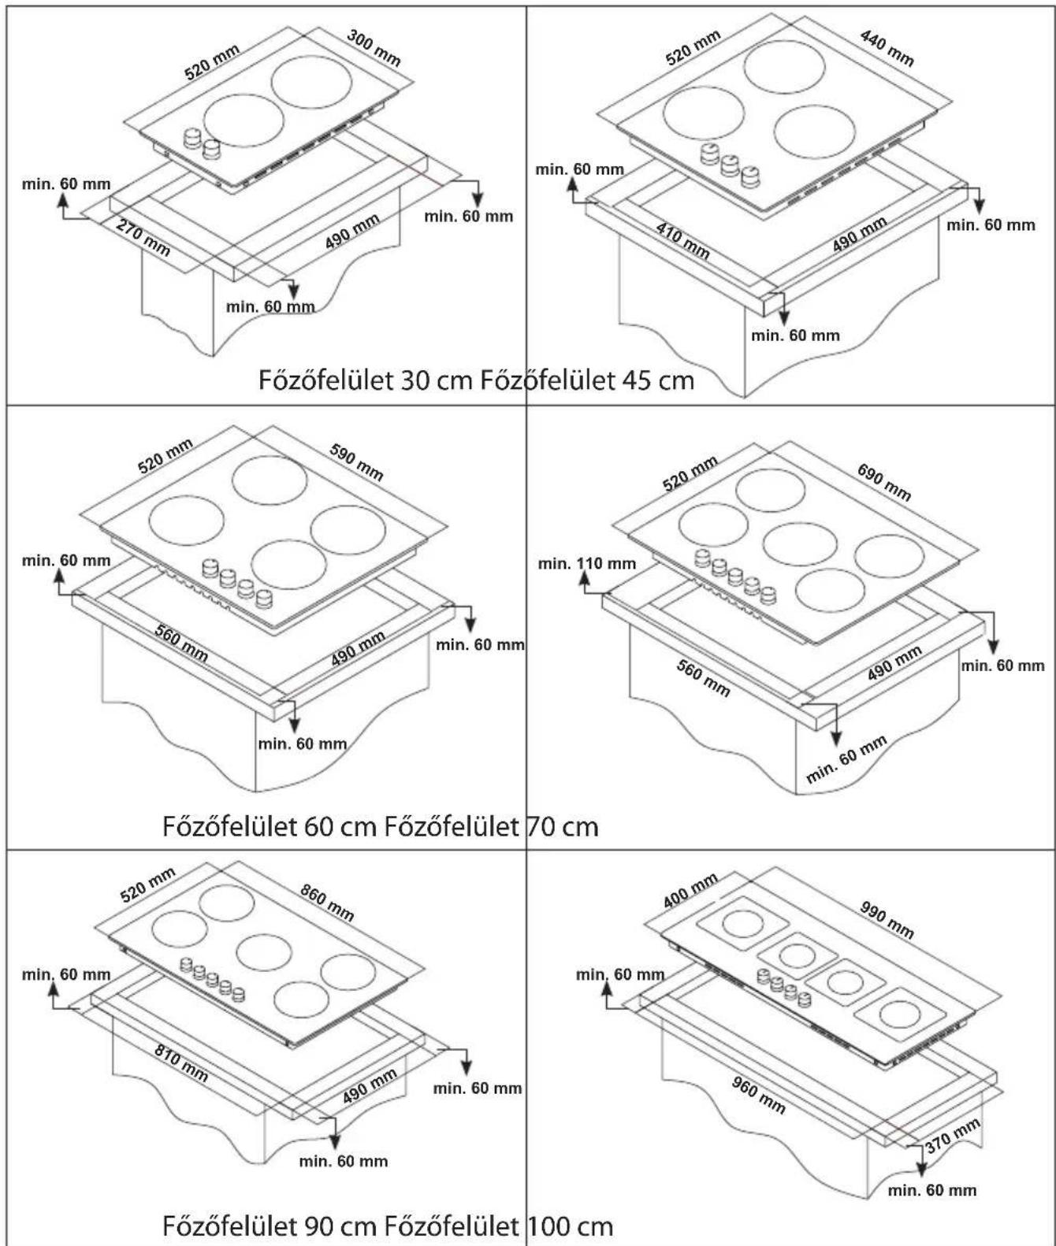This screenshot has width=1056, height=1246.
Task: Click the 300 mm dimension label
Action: coord(374,48)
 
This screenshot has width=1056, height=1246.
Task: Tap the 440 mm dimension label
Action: coord(887,48)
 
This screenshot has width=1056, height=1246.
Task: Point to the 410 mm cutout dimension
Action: coord(682,240)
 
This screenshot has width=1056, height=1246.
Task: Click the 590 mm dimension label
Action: coord(355,462)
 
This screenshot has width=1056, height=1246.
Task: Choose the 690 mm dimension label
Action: coord(883,482)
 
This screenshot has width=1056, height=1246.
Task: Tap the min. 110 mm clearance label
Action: coord(587,563)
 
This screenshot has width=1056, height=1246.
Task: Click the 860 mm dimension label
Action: coord(326,902)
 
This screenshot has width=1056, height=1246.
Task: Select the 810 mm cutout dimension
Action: coord(182,1062)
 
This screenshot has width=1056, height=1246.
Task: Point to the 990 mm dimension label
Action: coord(887,920)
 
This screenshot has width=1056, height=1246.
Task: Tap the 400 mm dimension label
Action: coord(690,891)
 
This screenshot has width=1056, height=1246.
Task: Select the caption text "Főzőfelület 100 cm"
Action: coord(499,1226)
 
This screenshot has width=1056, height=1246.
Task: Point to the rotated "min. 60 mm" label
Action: coord(846,759)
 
